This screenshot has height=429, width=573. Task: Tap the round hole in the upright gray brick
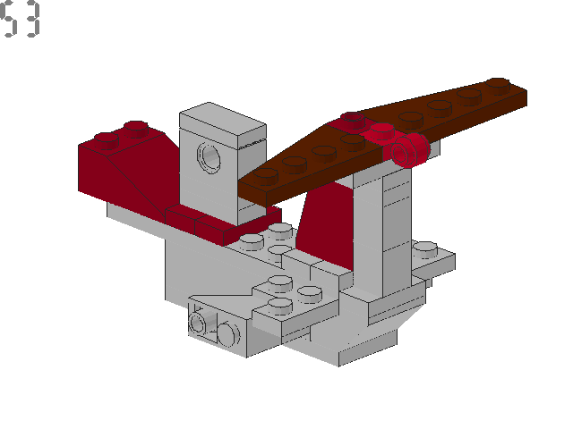click(x=210, y=159)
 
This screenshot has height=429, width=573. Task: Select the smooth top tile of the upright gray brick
click(x=224, y=124)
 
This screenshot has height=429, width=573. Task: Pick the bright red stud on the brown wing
click(x=381, y=131)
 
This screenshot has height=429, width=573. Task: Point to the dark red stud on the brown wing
click(x=350, y=120)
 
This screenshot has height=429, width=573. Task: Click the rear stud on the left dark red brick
click(x=135, y=127)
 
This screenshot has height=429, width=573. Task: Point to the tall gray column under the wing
click(x=381, y=232)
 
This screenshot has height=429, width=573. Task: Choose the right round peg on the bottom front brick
click(x=227, y=334)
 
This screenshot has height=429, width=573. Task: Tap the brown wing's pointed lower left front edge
click(x=260, y=189)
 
